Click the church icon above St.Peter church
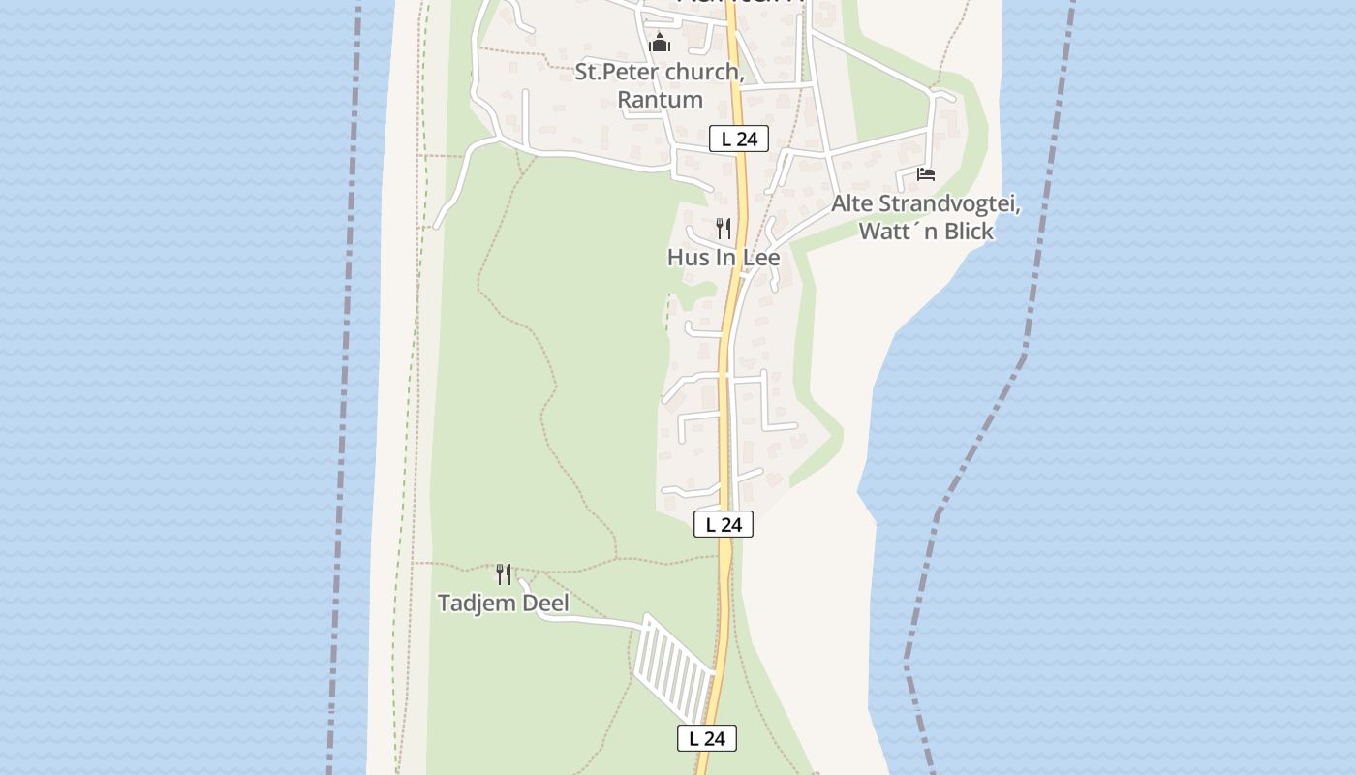coord(660,44)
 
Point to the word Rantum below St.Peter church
coord(660,99)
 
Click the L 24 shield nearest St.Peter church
coord(738,139)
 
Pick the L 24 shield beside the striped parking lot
coord(706,738)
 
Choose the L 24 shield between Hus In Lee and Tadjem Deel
coord(723,525)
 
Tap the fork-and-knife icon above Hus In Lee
coord(724,229)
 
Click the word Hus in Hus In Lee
coord(687,258)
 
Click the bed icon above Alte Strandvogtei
coord(926,174)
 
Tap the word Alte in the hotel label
coord(851,204)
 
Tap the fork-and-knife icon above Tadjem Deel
coord(504,574)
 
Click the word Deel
coord(545,603)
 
